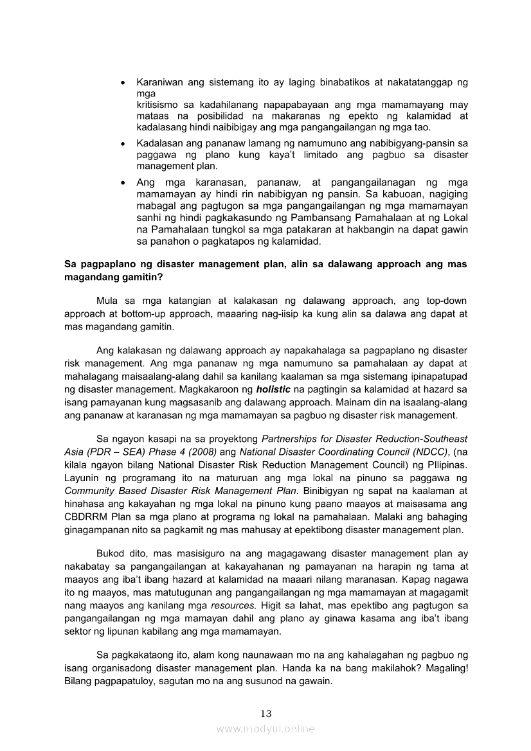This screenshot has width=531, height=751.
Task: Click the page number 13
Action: coord(265,713)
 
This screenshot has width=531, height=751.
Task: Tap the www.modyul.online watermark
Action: coord(265,729)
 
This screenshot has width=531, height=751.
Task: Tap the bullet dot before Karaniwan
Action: coord(123,84)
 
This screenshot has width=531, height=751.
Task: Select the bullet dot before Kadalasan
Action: coord(123,143)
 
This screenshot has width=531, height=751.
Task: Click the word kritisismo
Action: coord(159,105)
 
